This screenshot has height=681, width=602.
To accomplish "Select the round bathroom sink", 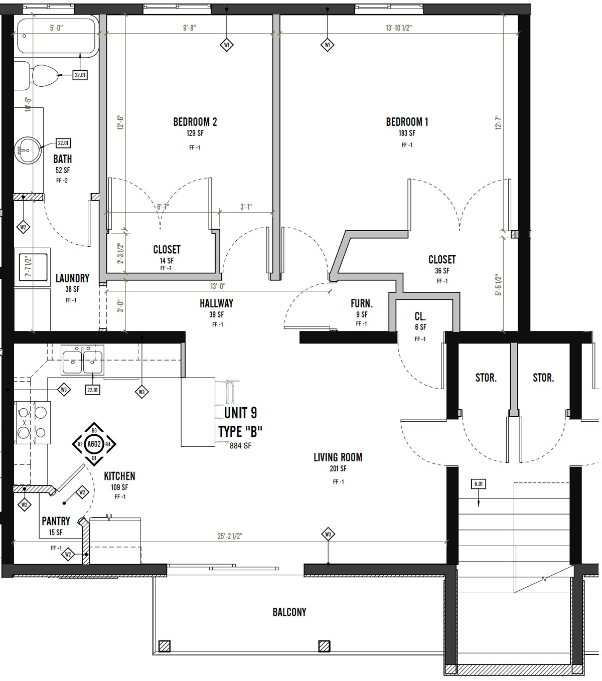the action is [x=28, y=150].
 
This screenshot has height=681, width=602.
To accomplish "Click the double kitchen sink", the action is [x=82, y=360].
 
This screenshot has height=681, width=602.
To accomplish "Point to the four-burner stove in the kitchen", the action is [x=32, y=423].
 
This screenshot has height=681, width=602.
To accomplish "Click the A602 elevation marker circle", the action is [x=94, y=444].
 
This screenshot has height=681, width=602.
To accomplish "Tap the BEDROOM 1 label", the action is [x=407, y=122].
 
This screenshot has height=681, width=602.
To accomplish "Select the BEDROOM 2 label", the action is [x=195, y=122].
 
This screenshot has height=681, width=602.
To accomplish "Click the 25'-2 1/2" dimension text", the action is [x=230, y=536].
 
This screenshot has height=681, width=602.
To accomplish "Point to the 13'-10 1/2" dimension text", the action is [x=398, y=28].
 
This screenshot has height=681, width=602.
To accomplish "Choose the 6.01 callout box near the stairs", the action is [x=479, y=484].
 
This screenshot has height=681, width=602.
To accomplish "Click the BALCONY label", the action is [x=289, y=612].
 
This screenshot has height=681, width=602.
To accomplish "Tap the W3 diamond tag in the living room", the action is [x=328, y=534].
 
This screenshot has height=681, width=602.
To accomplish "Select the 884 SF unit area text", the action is [x=240, y=446].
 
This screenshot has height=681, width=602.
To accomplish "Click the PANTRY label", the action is [x=56, y=521].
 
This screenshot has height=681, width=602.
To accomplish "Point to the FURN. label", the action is [x=362, y=303].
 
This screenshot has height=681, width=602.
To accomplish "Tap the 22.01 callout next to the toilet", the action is [x=80, y=75].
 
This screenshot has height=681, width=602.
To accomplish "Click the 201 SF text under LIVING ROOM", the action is [x=338, y=468].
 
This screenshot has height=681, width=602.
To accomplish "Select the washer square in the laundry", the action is [x=32, y=267].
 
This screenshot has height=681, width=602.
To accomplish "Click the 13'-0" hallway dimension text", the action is [x=218, y=286].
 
